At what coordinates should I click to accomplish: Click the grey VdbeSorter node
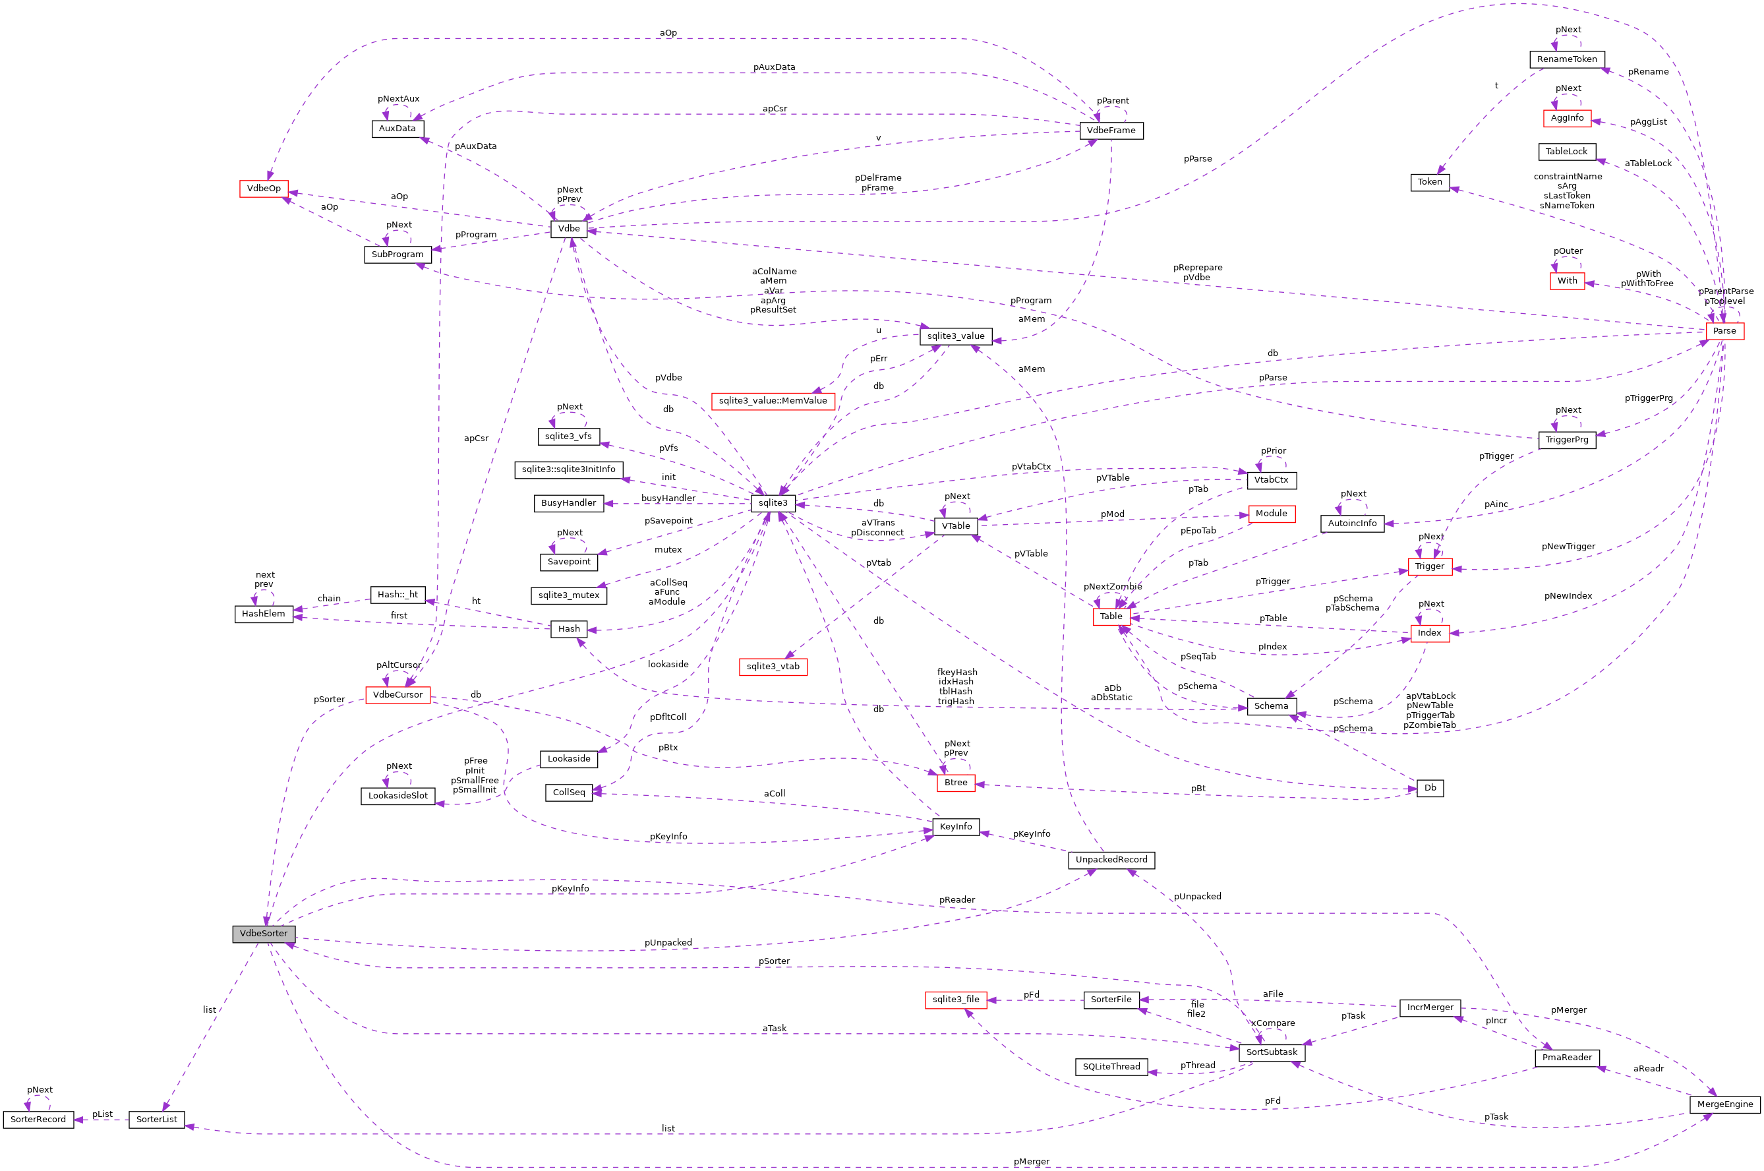264,934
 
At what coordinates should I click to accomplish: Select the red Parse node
1724,331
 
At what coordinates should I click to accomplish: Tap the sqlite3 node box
773,502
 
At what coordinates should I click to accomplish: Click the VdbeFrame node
1110,131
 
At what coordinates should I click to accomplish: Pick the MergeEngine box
1724,1104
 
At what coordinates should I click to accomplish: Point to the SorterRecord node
38,1120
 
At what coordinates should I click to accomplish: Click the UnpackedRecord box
1111,860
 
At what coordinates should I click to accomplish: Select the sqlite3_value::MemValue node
773,401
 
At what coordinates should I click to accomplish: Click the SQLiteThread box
1111,1066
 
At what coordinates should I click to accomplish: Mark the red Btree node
956,783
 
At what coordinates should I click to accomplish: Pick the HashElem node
264,614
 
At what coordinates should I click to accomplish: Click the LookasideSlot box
398,795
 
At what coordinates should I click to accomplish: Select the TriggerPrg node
1566,440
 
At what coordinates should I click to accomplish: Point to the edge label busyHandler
668,498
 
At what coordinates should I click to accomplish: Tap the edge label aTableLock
1647,163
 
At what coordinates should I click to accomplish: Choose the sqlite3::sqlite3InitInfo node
568,469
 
